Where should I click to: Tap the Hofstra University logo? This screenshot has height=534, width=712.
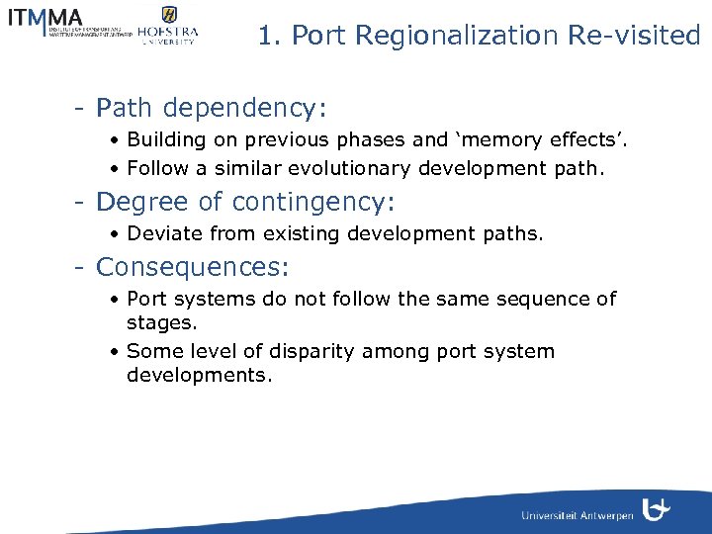(x=168, y=26)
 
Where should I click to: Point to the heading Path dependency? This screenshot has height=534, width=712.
(x=211, y=106)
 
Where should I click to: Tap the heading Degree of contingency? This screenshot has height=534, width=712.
(x=244, y=203)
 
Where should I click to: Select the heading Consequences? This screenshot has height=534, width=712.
(x=193, y=267)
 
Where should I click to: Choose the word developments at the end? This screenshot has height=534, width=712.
(x=199, y=376)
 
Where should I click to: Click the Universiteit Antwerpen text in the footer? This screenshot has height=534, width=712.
(x=578, y=516)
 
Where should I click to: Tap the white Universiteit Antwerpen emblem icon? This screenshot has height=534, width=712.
(x=656, y=509)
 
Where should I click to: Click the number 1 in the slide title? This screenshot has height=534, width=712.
(x=265, y=36)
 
